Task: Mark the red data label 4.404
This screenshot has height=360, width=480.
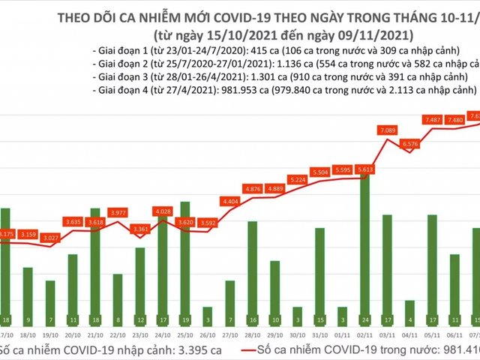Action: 231,201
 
